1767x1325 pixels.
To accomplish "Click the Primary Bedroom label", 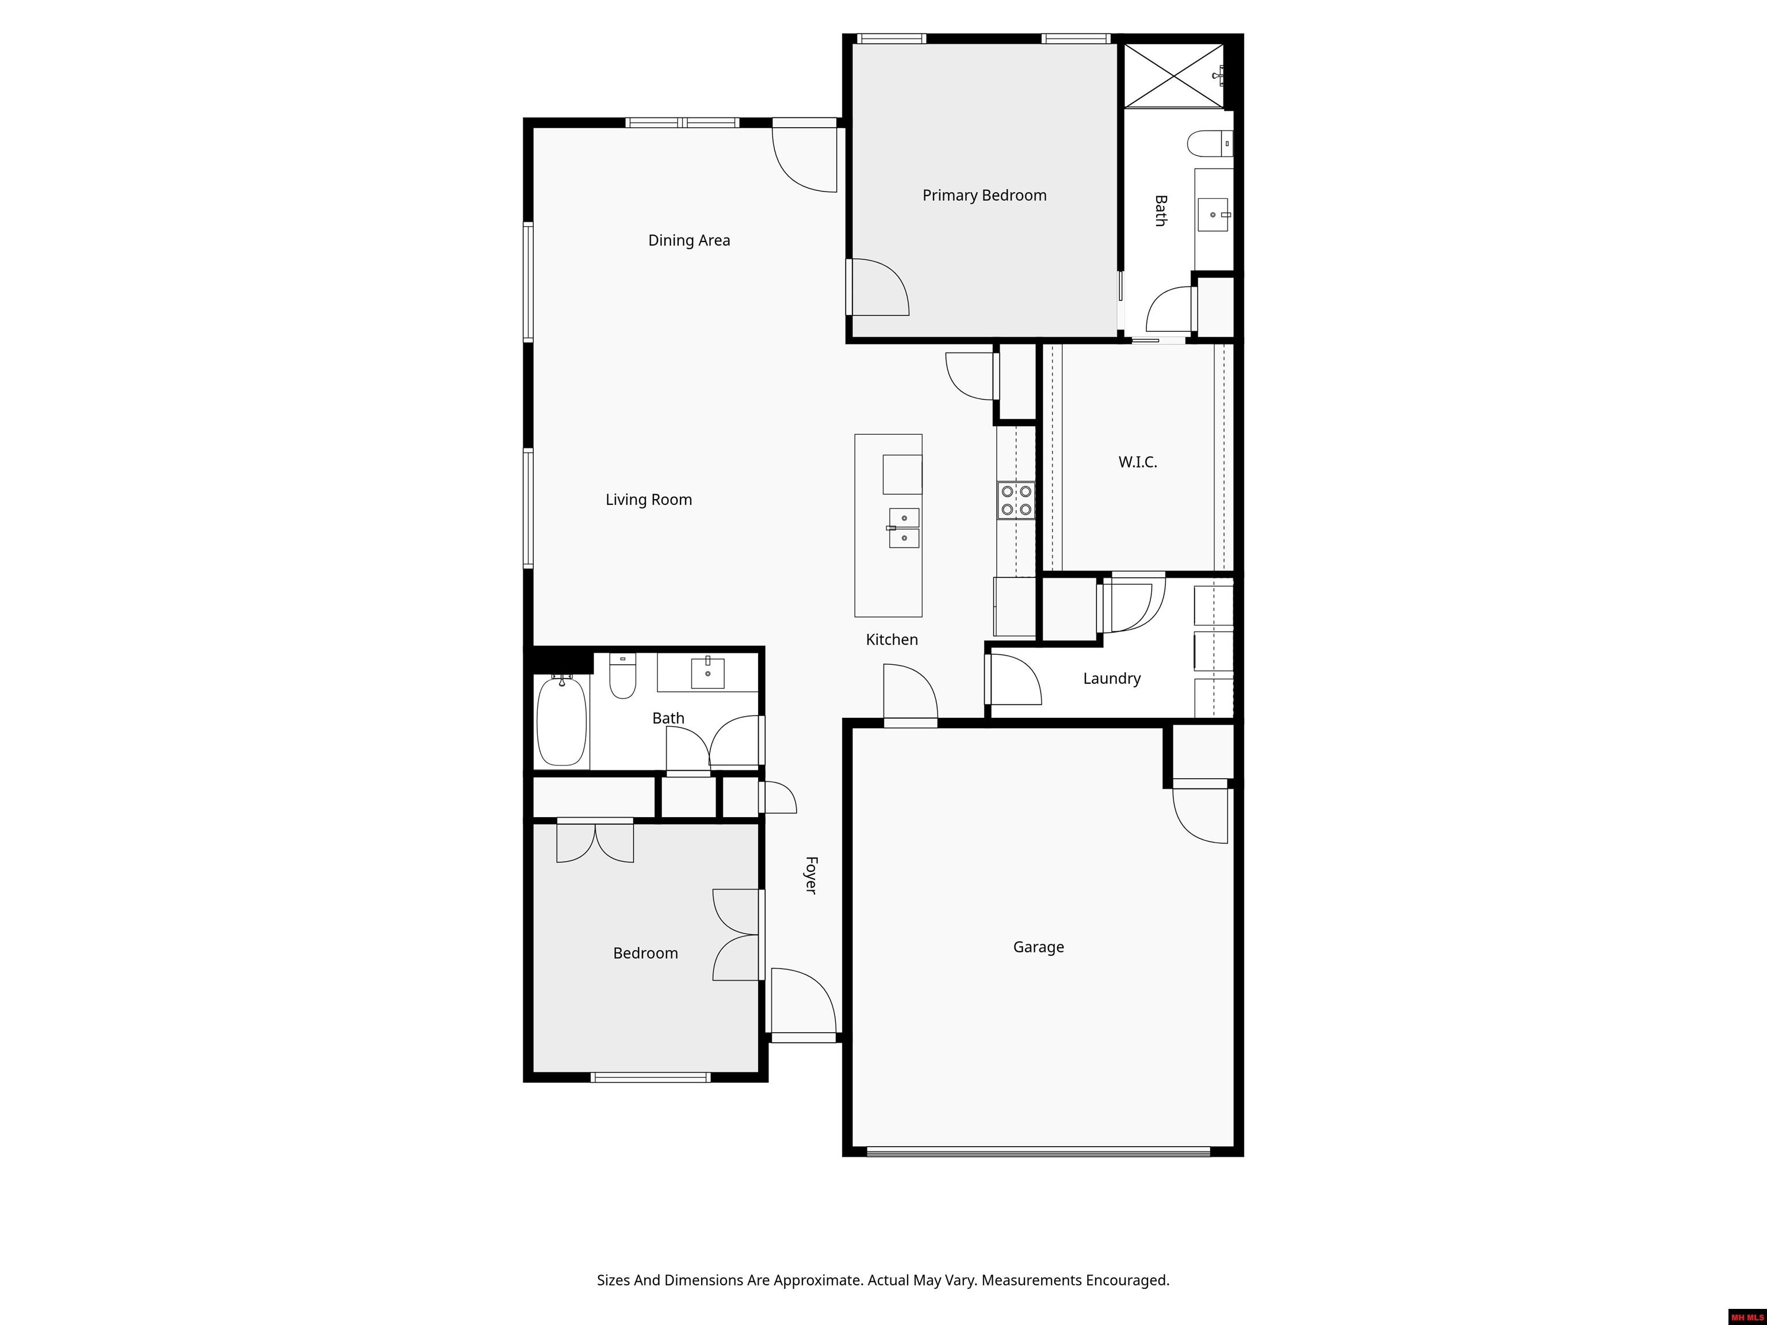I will click(x=984, y=196).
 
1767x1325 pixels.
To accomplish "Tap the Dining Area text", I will click(x=689, y=240).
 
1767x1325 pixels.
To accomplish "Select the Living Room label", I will click(x=649, y=500).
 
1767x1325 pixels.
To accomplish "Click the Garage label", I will click(x=1038, y=947).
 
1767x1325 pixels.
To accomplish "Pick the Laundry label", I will click(x=1111, y=679).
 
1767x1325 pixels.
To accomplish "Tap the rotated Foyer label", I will click(x=811, y=875).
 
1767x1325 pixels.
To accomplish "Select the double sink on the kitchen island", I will click(x=904, y=528).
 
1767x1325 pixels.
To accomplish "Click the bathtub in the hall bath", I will click(x=561, y=721).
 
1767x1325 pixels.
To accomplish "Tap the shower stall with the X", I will click(x=1173, y=76).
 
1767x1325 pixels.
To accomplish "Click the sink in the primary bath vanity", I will click(x=1213, y=215).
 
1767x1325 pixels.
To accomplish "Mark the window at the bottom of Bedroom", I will click(x=650, y=1077).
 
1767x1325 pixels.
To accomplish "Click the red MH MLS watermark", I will click(x=1747, y=1317).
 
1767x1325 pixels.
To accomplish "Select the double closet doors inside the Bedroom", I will click(x=595, y=842).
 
